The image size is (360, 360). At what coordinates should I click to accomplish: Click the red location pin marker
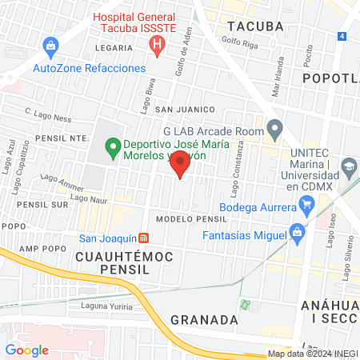tap(181, 165)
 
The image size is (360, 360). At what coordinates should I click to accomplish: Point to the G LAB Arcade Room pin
tap(275, 128)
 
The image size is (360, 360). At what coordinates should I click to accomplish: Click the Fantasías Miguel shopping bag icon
tap(298, 236)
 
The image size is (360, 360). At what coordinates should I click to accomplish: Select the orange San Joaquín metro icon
tap(143, 238)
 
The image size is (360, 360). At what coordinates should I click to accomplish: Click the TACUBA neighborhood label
tap(256, 26)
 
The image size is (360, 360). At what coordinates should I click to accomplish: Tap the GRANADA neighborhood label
tap(204, 319)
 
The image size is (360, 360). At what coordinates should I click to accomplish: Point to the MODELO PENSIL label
tap(193, 218)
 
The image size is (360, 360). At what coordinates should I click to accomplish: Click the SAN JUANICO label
tap(186, 109)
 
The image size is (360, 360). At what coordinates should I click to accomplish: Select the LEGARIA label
tap(113, 48)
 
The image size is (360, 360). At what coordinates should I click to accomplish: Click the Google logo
tap(27, 350)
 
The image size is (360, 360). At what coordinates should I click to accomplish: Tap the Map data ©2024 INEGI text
tap(312, 354)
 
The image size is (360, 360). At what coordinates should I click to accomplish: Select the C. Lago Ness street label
tap(47, 115)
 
